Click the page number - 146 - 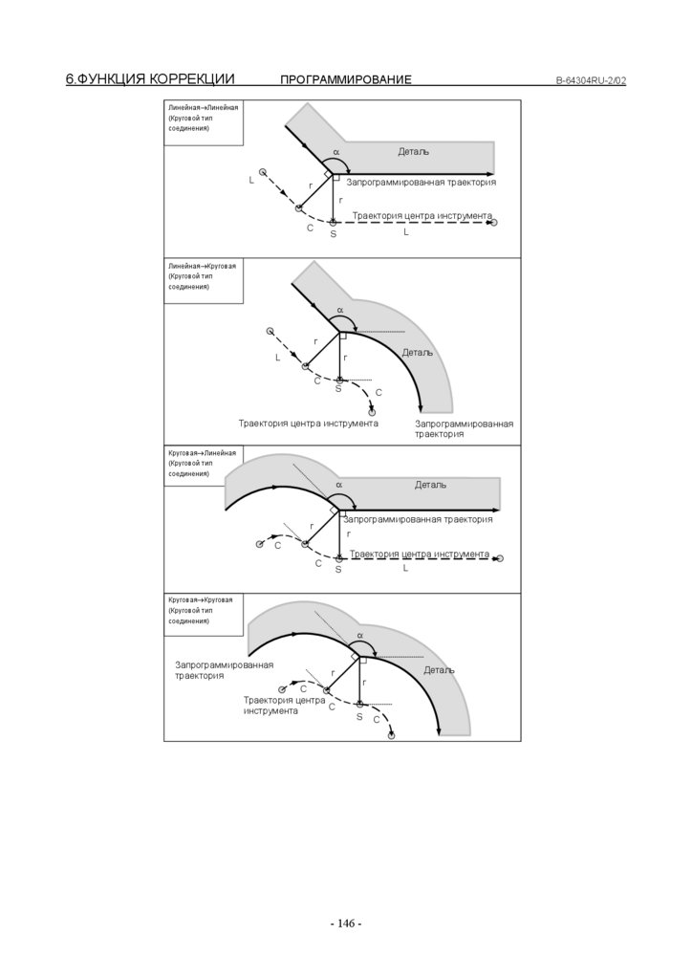(x=346, y=924)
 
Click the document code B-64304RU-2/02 (x=591, y=80)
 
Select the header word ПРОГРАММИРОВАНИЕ (x=346, y=79)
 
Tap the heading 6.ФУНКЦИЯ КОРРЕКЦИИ (x=150, y=79)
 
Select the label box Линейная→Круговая (x=203, y=276)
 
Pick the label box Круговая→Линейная (x=203, y=463)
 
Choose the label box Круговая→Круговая (x=203, y=610)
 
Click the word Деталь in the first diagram (x=414, y=152)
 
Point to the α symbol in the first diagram (x=336, y=152)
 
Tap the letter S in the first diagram (x=334, y=233)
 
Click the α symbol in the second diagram (x=337, y=310)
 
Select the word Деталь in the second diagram (x=418, y=352)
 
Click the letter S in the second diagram (x=338, y=389)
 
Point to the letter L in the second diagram (x=278, y=358)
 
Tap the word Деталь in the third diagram (x=430, y=485)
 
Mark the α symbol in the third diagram (x=338, y=485)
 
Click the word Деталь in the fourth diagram (x=440, y=670)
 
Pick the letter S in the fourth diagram (x=359, y=716)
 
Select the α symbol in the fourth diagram (x=360, y=635)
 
